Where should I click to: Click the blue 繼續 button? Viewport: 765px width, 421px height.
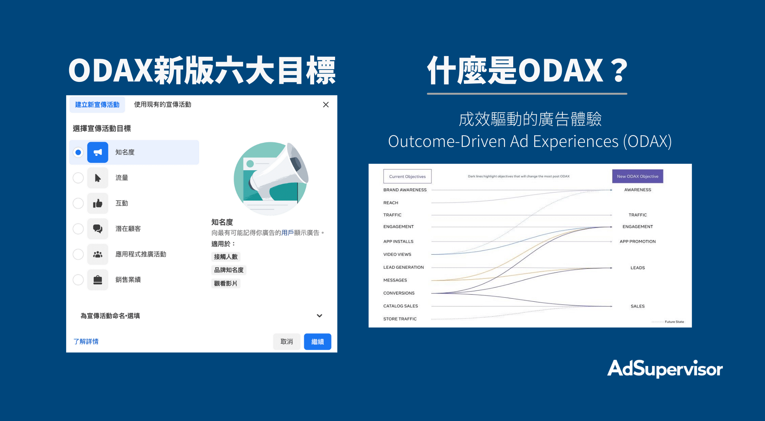point(318,341)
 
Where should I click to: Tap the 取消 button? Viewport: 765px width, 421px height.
point(287,341)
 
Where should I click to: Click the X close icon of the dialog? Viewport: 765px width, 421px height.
point(326,105)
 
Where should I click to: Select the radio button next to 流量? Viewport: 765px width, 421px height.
point(78,178)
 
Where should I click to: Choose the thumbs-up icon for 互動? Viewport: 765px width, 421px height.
point(97,203)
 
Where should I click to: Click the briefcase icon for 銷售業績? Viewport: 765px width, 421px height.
point(97,280)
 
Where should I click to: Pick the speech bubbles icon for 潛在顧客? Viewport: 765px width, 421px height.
point(97,228)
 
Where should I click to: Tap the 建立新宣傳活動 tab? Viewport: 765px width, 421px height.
point(97,105)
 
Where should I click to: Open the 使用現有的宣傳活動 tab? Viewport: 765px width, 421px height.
point(162,105)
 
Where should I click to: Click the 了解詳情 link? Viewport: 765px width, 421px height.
point(86,341)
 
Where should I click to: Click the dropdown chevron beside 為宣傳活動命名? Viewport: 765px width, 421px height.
point(319,316)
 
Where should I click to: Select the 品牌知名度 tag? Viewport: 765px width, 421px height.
point(229,270)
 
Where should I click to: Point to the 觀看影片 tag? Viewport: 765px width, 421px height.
point(226,283)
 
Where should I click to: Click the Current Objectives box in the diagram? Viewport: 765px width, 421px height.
point(407,176)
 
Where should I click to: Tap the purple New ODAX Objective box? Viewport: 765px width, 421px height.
point(638,176)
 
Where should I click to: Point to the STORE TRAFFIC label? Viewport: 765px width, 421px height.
point(400,319)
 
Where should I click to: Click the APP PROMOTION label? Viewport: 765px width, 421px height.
point(638,242)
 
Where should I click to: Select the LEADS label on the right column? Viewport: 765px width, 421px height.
point(638,268)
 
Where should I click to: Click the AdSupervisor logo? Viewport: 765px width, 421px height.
point(665,369)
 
